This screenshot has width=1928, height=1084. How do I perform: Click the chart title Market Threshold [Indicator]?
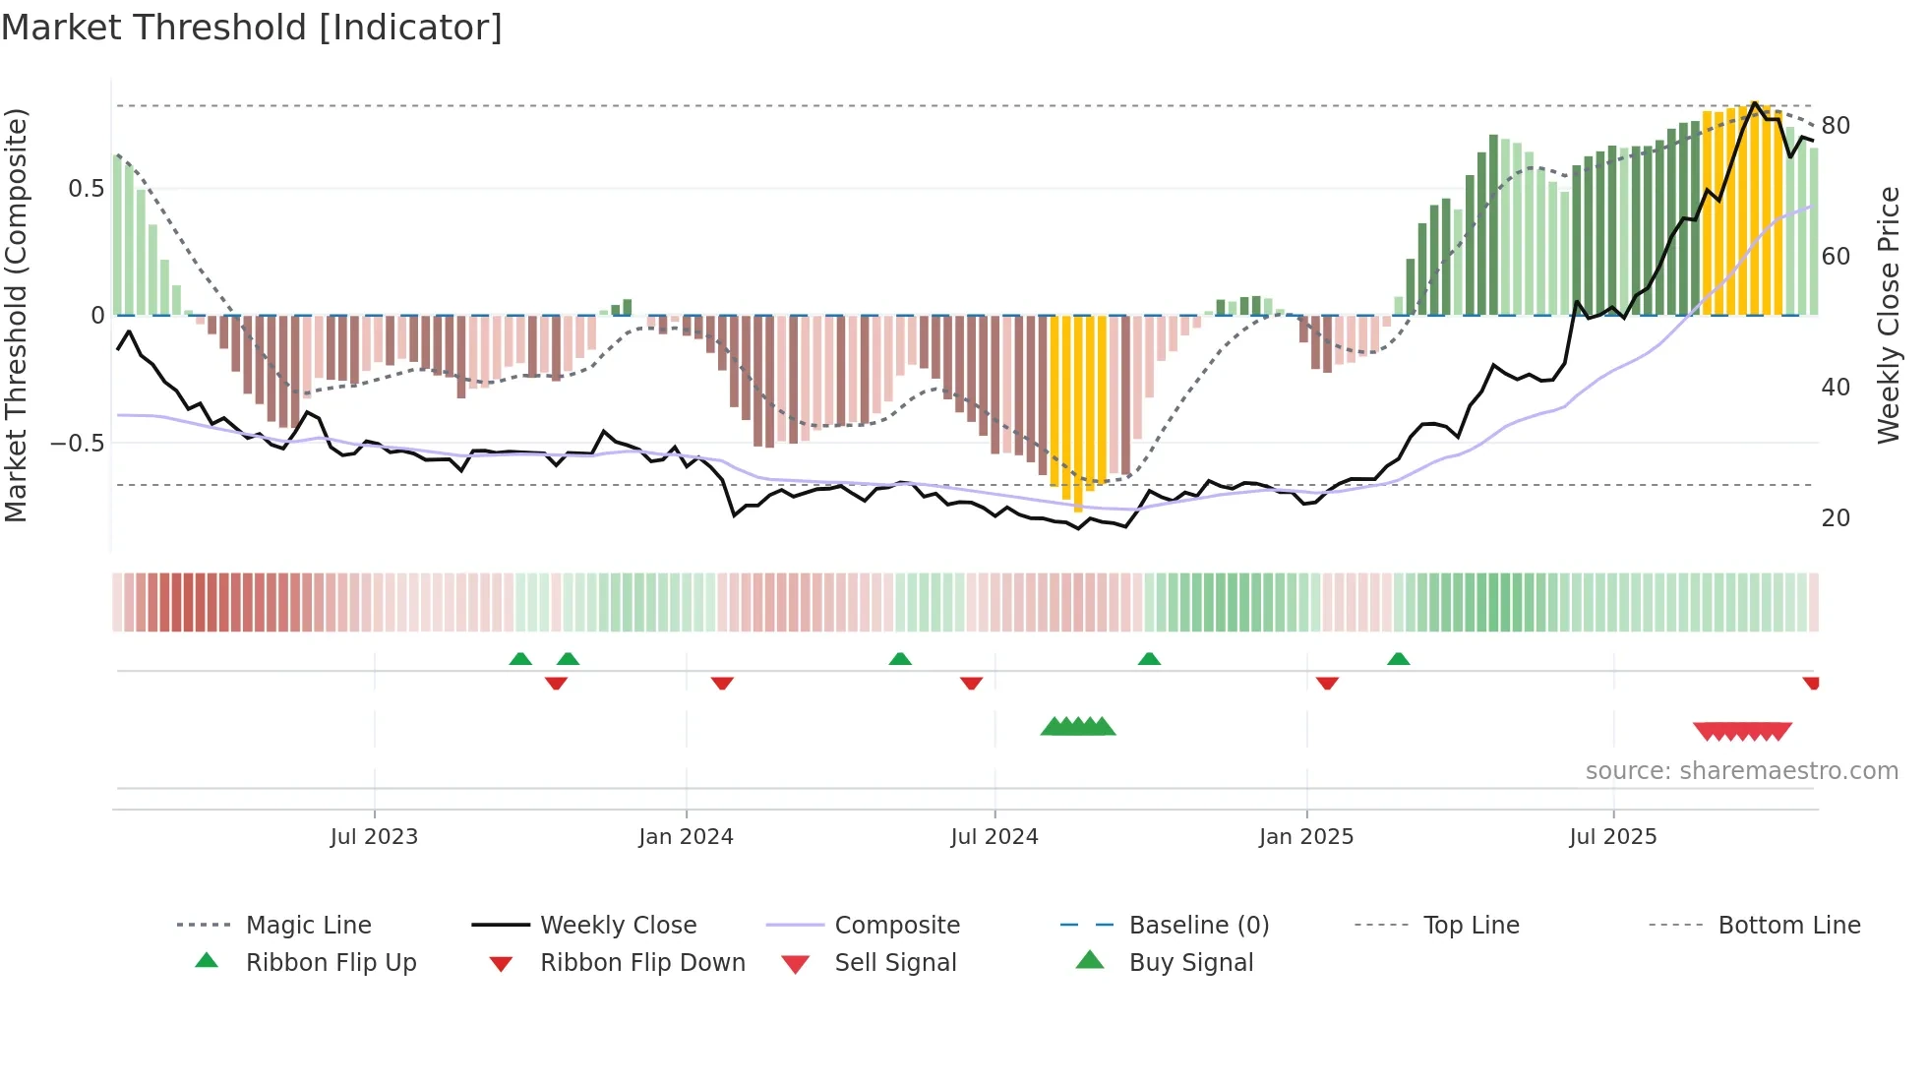[252, 28]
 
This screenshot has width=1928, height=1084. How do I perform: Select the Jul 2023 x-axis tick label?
[374, 837]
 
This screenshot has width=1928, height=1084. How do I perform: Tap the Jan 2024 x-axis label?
[686, 837]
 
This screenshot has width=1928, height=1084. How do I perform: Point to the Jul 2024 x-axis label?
[994, 837]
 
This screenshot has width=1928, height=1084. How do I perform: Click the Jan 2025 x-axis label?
[1306, 837]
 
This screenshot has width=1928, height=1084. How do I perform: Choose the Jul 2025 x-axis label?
[1613, 837]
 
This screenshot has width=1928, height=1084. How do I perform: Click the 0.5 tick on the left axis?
[87, 189]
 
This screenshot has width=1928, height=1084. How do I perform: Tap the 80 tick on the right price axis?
[1836, 126]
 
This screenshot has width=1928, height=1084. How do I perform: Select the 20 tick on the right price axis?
[1836, 518]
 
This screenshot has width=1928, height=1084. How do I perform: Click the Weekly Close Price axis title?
[1888, 315]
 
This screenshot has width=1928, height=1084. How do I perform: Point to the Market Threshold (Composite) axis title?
[16, 315]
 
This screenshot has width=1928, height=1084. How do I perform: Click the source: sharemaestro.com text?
[1741, 771]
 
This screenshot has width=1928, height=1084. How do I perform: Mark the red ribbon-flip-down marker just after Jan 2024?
[722, 683]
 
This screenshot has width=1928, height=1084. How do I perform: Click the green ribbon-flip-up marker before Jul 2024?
[900, 659]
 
